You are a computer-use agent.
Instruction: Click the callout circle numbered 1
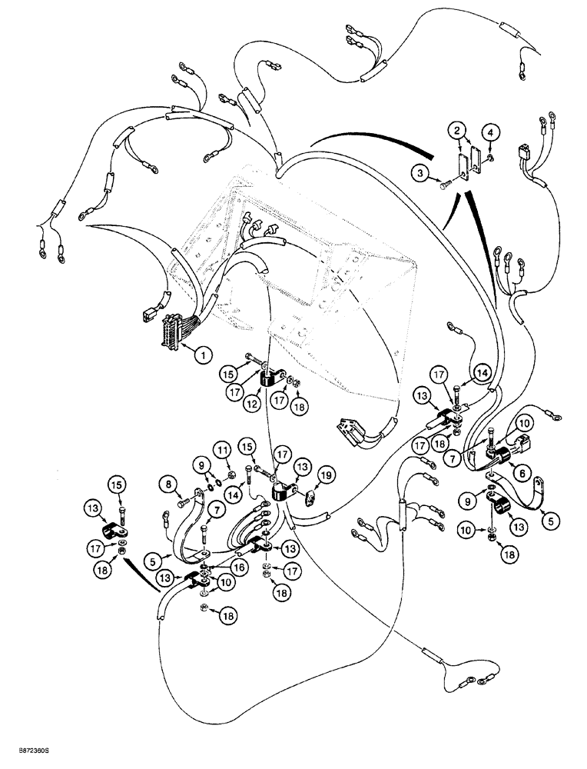(x=202, y=355)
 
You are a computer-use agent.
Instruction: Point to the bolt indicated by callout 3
(x=449, y=183)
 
